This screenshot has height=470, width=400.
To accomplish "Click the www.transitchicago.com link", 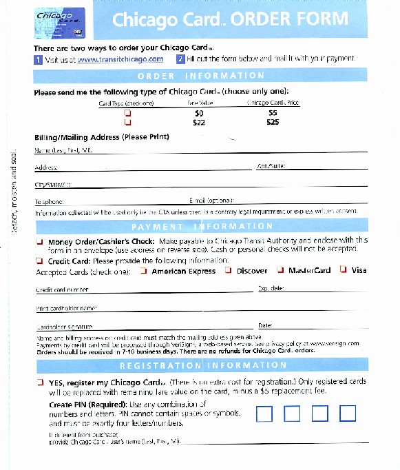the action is pos(120,59).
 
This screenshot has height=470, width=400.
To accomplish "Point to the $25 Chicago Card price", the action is pos(273,122).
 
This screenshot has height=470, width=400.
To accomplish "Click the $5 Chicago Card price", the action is pos(273,112).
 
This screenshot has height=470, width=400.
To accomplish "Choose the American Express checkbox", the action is pos(143,271).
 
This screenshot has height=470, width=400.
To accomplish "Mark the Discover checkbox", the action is pos(228,271).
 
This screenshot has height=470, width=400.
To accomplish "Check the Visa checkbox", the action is pos(342,271).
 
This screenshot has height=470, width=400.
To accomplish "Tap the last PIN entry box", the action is pos(348,413).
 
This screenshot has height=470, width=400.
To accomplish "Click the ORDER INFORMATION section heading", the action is pos(200,76).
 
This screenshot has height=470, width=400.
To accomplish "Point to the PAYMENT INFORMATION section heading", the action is pos(200,226).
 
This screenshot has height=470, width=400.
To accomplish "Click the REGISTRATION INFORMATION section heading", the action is pos(200,365).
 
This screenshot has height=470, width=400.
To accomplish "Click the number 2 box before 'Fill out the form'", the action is pos(180,59).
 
